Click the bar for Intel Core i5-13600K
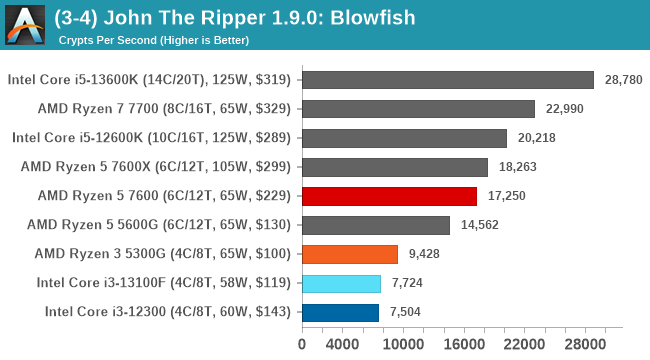coord(447,80)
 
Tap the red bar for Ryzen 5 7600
coord(389,196)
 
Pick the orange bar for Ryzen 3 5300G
coord(349,254)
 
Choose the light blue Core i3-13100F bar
coord(341,283)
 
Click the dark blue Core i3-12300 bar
coord(340,312)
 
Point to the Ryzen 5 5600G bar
coord(375,225)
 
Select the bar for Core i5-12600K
coord(404,138)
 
